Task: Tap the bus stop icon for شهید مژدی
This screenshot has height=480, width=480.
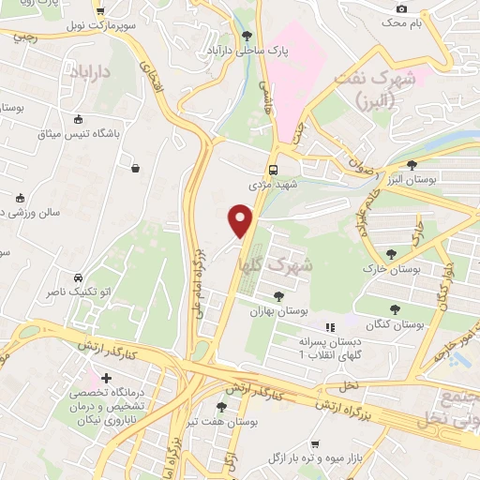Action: pos(273,170)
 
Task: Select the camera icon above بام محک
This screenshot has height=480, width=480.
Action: pos(402,7)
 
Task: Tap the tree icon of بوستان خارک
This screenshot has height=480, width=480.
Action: pos(391,253)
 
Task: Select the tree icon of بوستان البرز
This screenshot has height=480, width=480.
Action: pos(412,166)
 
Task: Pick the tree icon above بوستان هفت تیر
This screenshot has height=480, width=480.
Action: pos(221,407)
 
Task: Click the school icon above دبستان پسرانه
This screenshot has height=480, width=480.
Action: pos(329,327)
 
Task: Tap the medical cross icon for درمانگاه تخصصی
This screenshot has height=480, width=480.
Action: pos(106,377)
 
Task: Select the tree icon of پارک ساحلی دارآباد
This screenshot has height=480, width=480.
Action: pos(247,36)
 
